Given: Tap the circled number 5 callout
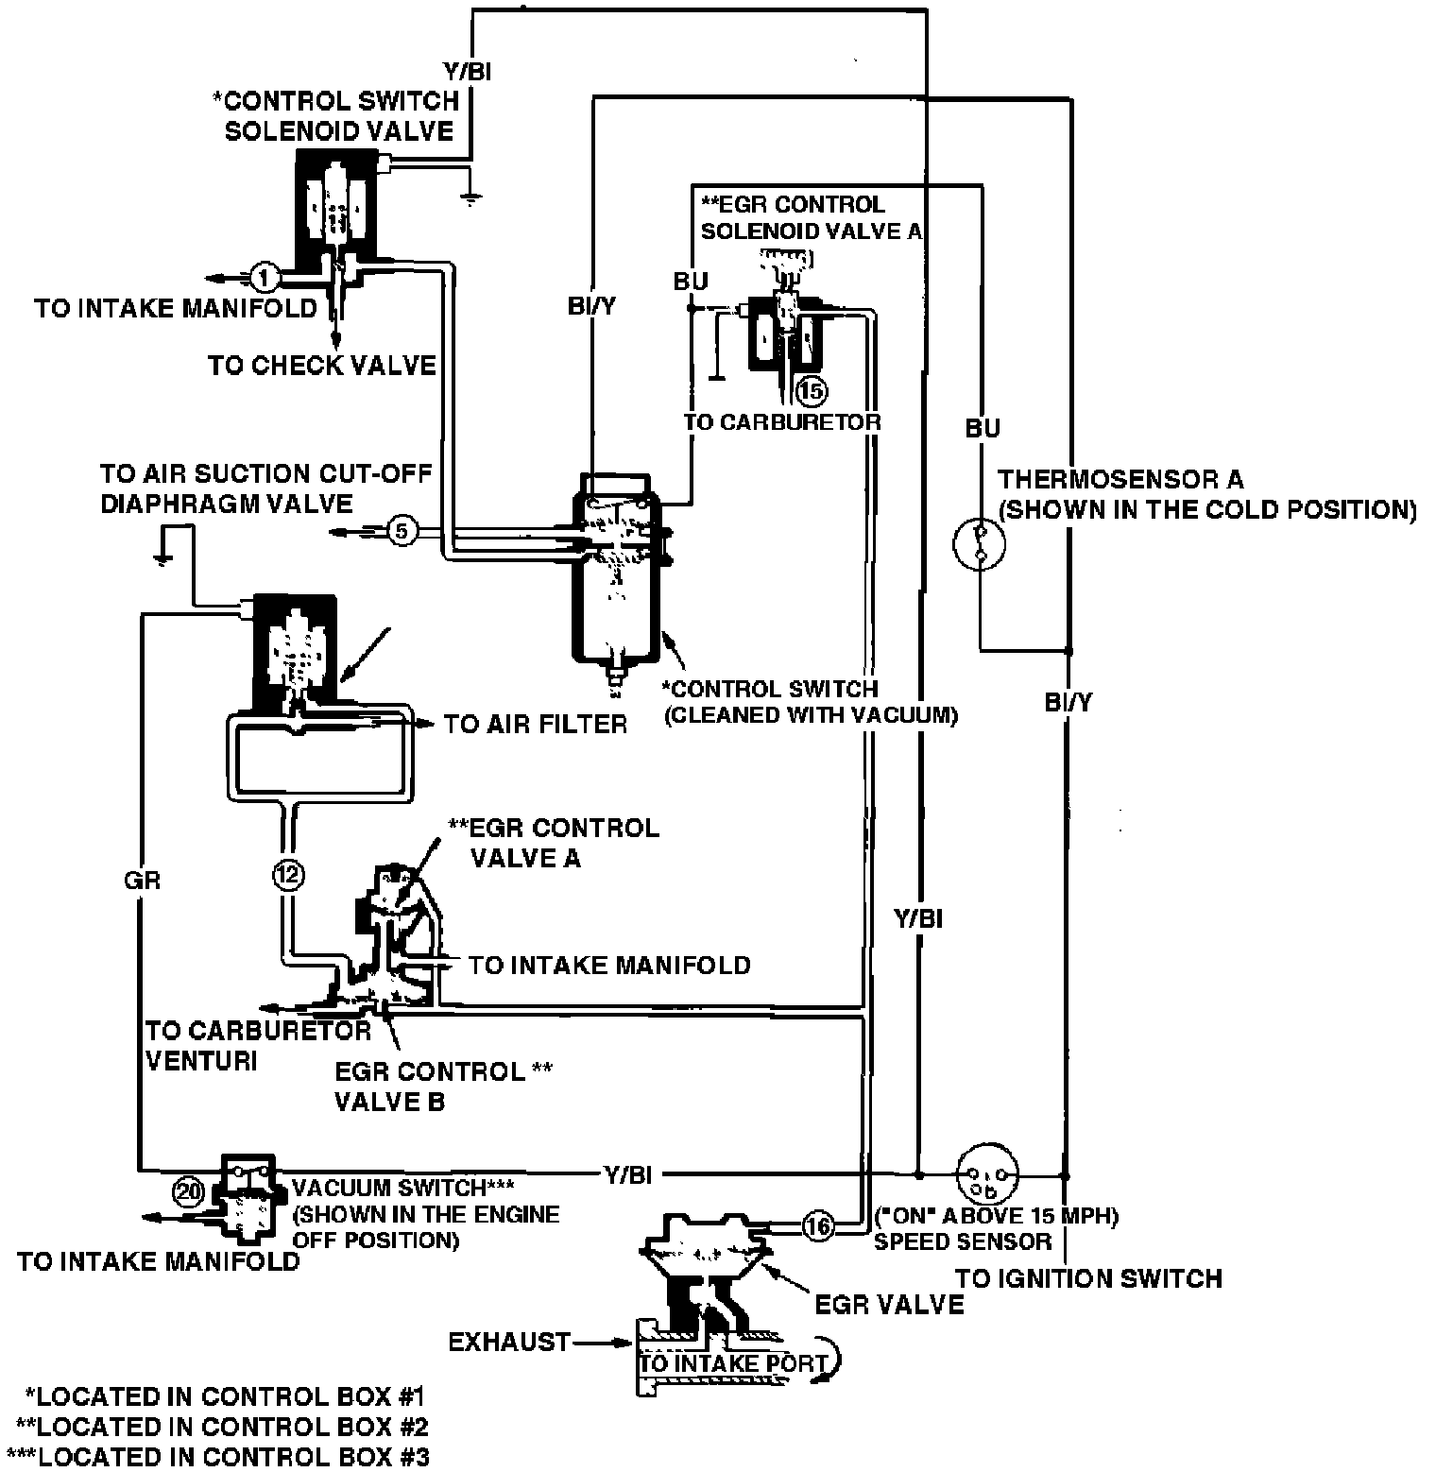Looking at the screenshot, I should tap(402, 532).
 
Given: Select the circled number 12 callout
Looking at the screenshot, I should tap(289, 876).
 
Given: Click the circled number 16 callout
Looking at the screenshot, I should tap(818, 1227).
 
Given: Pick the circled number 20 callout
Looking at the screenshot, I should tap(189, 1192).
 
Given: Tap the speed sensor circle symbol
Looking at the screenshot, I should tap(988, 1176).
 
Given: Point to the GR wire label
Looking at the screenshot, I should tap(143, 881).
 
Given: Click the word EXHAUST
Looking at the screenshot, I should tap(510, 1342).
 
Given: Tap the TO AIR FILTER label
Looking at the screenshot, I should tap(536, 725).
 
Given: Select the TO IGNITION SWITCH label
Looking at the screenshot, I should tap(1088, 1279).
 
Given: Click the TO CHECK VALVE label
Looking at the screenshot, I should tap(322, 366).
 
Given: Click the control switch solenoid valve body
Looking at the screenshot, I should tap(336, 206).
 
